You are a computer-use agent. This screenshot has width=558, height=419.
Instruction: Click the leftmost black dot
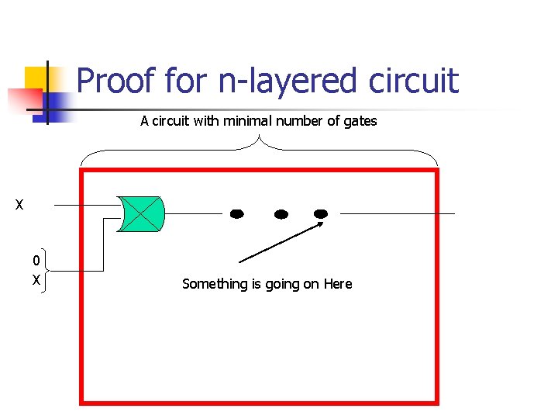tap(237, 213)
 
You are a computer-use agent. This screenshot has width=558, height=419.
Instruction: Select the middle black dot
tap(281, 213)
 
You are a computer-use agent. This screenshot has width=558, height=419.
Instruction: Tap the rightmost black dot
tap(321, 213)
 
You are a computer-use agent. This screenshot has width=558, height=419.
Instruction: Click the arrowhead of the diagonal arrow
tap(319, 225)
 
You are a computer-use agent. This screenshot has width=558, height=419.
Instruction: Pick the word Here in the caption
tap(338, 284)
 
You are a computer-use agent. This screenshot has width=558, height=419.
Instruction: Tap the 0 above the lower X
tap(36, 261)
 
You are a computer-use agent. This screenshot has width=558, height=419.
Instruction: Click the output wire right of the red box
tap(447, 213)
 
